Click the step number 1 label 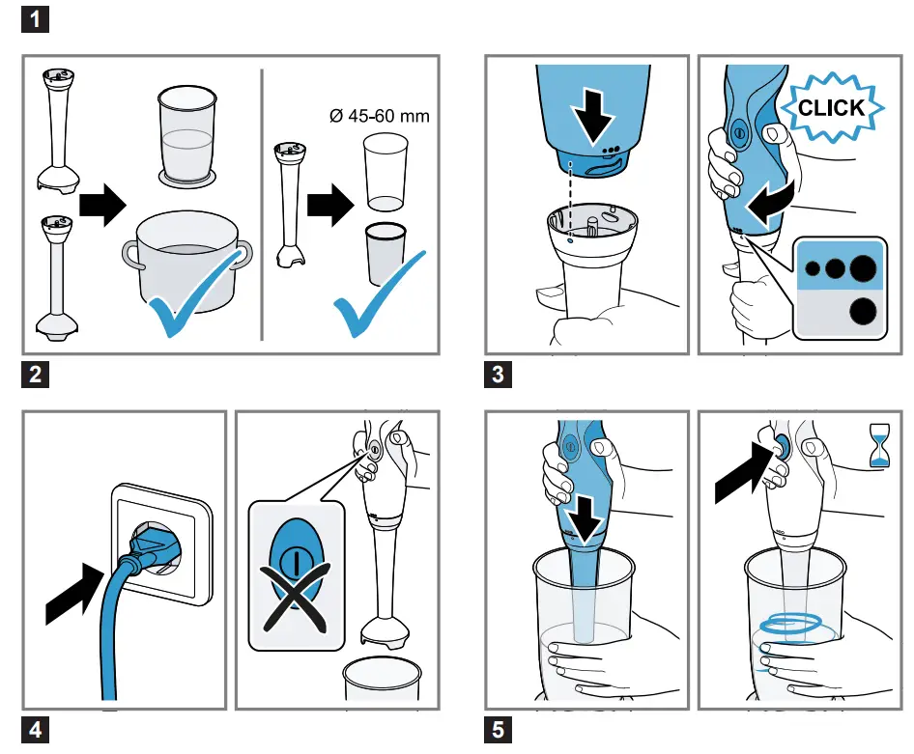pos(35,19)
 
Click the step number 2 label pos(35,375)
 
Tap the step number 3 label pos(498,375)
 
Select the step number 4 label pos(35,730)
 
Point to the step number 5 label pos(498,730)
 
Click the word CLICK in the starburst pos(832,108)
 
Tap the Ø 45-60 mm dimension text pos(379,117)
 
